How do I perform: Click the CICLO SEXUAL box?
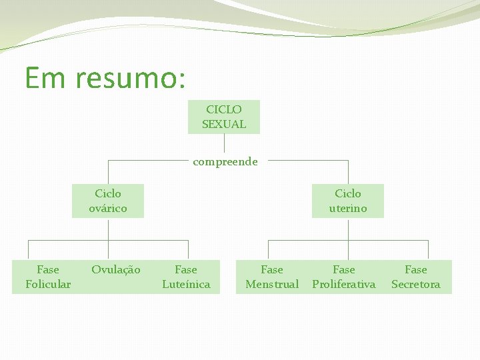point(224,117)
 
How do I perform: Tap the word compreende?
point(225,161)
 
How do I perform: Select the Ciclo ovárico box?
point(108,201)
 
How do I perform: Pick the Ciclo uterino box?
point(347,201)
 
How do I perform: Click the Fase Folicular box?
point(48,277)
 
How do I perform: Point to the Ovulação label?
point(116,270)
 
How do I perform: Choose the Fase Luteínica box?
point(186,277)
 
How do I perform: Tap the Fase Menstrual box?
point(272,277)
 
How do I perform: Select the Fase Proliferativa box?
point(344,277)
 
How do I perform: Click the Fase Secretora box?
point(416,277)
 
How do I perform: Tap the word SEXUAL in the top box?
point(224,124)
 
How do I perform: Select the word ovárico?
point(108,208)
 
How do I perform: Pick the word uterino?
point(347,208)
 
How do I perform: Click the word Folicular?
point(48,285)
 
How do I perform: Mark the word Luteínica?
point(186,285)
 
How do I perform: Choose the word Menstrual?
point(272,285)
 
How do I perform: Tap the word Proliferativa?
point(344,285)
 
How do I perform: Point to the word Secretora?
point(416,285)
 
